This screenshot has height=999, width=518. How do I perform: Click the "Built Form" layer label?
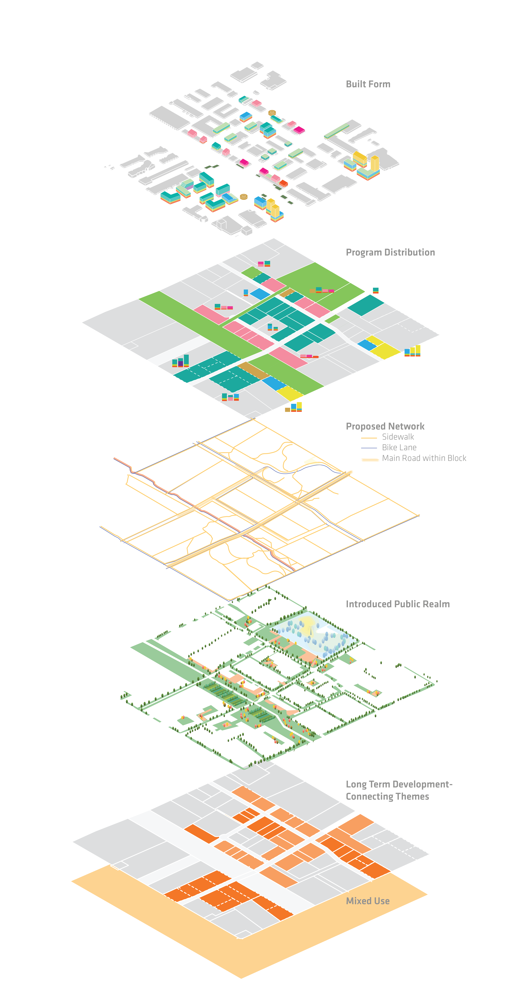pos(368,84)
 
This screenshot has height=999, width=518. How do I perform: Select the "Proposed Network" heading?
pos(385,427)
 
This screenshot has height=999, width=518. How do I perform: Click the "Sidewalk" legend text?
pos(398,437)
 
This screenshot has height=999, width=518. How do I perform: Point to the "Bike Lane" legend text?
pos(399,448)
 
